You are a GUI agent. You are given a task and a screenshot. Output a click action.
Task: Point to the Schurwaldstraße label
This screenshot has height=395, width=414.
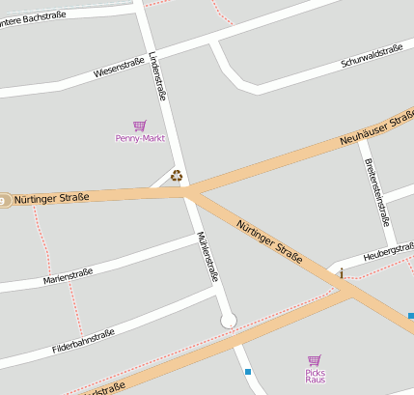coord(372,55)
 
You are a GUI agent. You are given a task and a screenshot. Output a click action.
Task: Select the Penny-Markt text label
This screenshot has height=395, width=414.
coord(140,138)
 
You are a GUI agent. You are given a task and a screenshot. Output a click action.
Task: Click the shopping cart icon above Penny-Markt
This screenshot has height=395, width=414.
coord(140,126)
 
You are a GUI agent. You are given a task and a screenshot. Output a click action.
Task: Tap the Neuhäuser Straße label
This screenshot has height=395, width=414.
coord(376,130)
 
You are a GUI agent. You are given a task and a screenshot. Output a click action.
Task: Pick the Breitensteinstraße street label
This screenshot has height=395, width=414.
coord(375,189)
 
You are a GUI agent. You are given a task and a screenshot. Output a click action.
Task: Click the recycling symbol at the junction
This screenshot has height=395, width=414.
coord(177,176)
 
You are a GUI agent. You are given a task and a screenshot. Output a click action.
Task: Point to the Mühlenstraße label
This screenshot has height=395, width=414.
coord(207,256)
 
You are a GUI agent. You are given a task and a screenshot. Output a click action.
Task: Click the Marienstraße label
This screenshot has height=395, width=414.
coord(68,277)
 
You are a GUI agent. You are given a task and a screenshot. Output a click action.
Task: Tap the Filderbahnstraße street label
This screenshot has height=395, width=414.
coord(83,340)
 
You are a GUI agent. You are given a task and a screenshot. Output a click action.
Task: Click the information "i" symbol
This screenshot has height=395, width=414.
coord(342,274)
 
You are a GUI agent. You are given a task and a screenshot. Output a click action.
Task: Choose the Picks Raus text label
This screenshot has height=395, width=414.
coord(315,376)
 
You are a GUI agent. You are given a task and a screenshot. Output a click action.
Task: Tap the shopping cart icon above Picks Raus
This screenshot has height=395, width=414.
coord(315,360)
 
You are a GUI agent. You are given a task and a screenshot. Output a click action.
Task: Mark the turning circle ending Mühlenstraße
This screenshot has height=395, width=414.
coord(229,321)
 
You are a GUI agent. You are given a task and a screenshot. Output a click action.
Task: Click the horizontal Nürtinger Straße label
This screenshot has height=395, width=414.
coord(51,197)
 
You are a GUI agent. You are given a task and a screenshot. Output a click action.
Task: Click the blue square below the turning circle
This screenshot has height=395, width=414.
coord(248,371)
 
